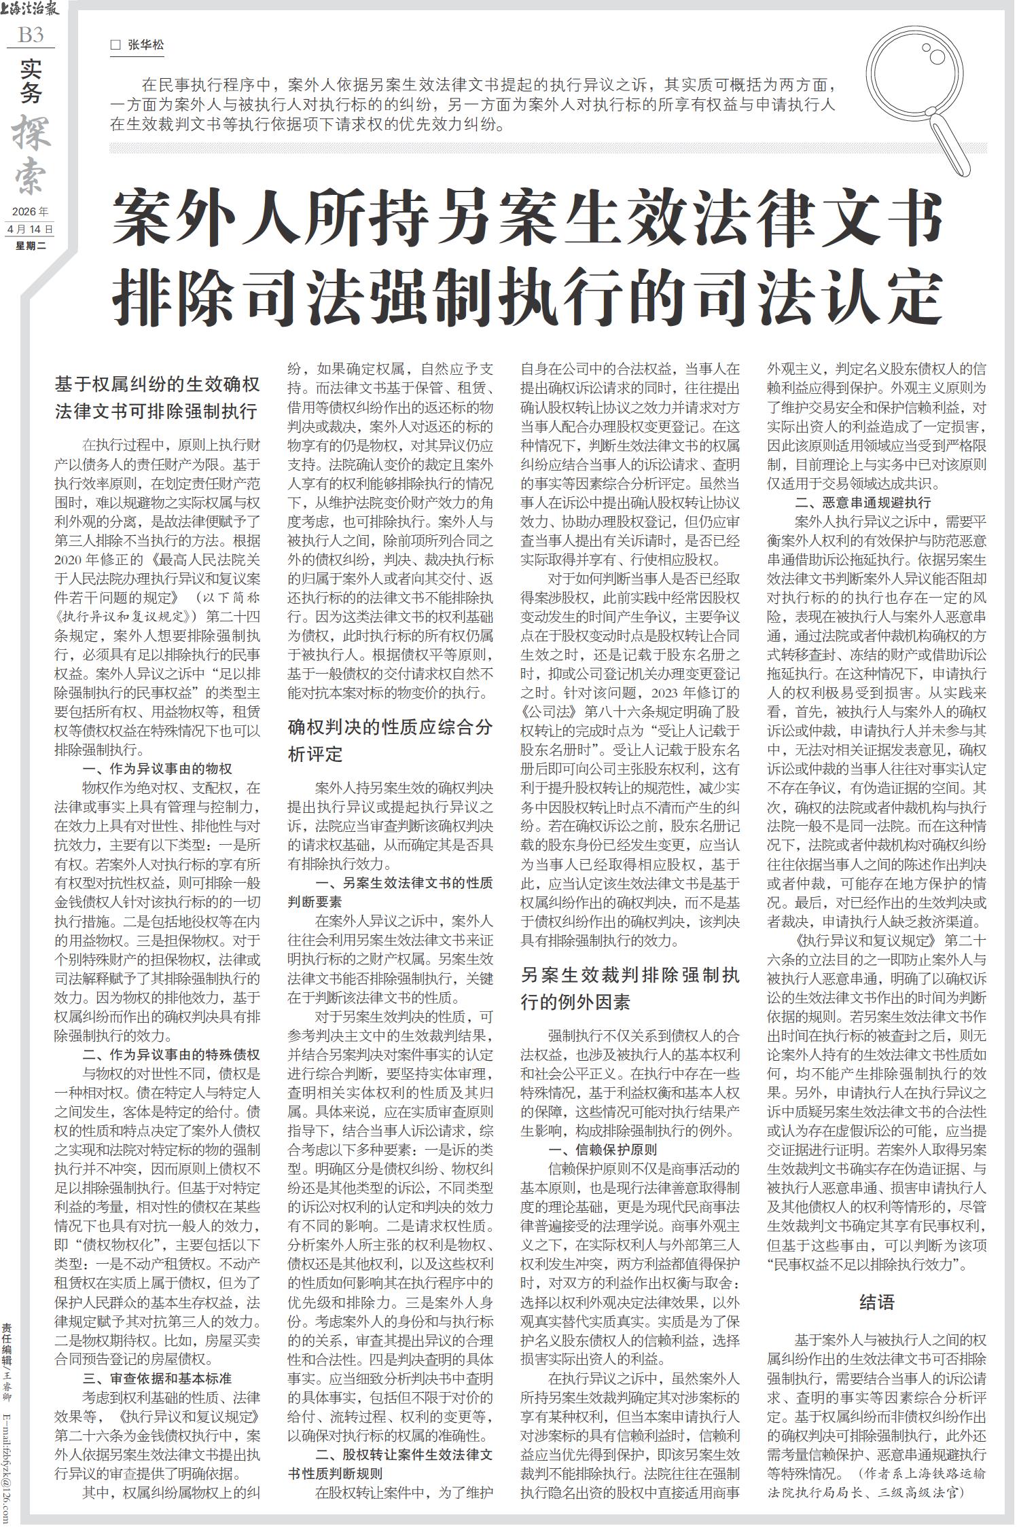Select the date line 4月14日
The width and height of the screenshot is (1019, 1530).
coord(31,229)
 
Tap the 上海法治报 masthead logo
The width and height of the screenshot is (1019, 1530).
coord(31,10)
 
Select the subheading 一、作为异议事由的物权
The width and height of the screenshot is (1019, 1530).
coord(157,769)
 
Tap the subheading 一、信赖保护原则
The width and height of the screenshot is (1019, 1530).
coord(603,1150)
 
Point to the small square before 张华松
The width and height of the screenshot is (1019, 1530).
coord(115,46)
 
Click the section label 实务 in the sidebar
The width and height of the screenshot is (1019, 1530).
coord(31,81)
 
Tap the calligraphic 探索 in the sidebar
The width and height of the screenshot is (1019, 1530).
coord(31,153)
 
